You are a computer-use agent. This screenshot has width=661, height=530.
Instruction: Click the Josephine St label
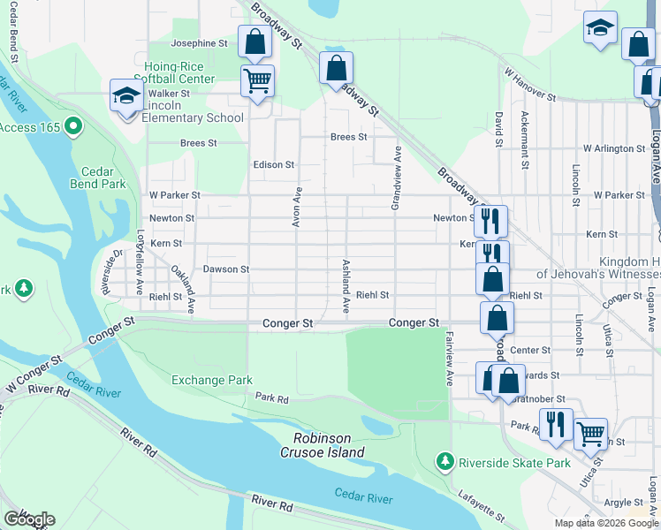(x=199, y=43)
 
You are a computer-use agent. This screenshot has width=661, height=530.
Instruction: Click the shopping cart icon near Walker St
(x=257, y=81)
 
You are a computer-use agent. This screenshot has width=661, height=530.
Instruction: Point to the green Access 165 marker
(x=73, y=128)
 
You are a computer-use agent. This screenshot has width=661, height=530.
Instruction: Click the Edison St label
(x=273, y=165)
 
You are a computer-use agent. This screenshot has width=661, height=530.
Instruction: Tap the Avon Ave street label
(x=298, y=207)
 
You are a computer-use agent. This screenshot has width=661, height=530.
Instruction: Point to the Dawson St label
(x=226, y=269)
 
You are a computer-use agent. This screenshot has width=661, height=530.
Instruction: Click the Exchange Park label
(x=212, y=381)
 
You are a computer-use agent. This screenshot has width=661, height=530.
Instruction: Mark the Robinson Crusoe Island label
(x=329, y=445)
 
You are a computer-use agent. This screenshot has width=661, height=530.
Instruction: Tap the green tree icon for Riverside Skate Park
(x=445, y=461)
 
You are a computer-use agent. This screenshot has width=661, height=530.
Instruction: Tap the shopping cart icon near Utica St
(x=590, y=433)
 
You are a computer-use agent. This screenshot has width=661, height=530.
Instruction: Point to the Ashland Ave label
(x=346, y=286)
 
